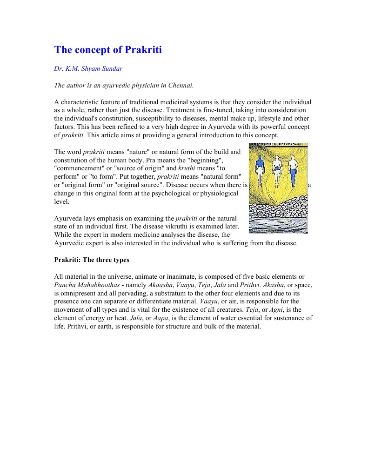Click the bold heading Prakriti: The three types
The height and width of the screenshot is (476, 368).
pyautogui.click(x=92, y=260)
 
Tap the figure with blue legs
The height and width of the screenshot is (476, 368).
pyautogui.click(x=293, y=170)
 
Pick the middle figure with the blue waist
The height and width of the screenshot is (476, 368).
pyautogui.click(x=277, y=170)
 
